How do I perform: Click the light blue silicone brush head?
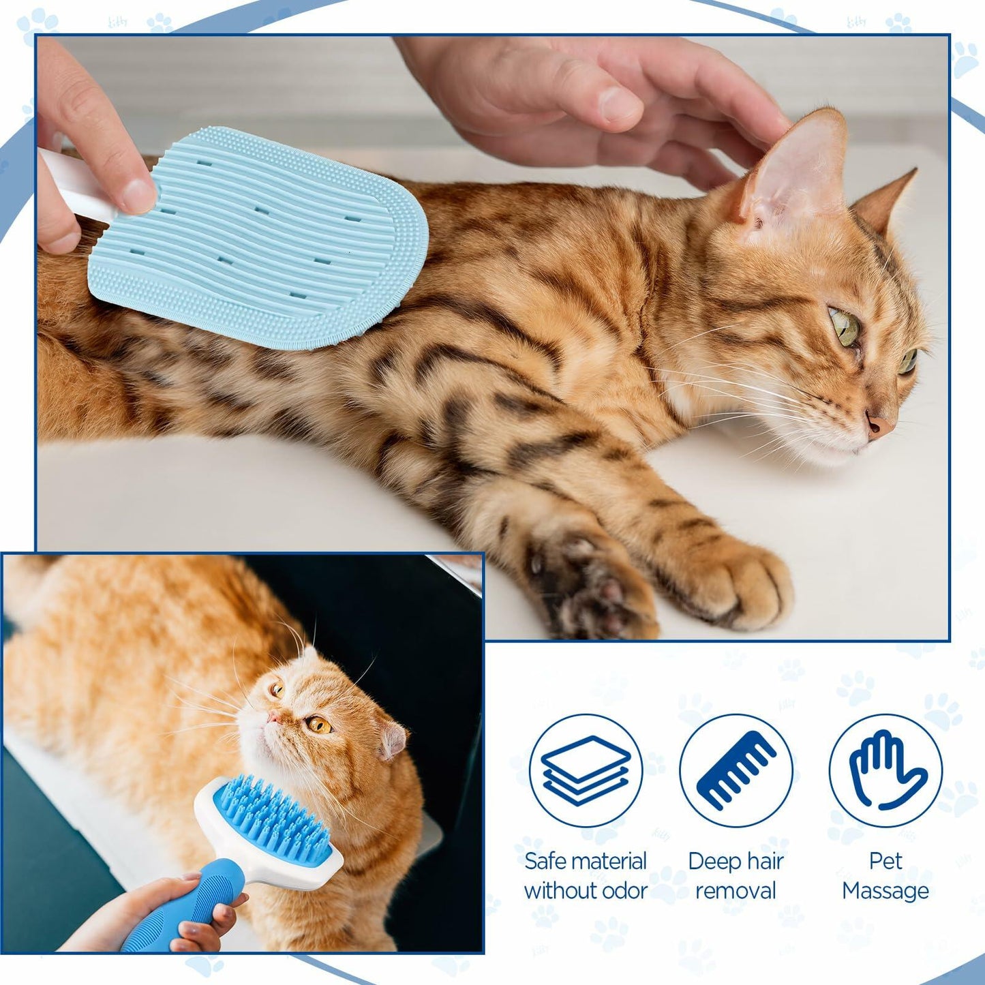[259, 239]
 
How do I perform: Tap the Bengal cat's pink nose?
[879, 425]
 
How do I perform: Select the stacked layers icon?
[586, 770]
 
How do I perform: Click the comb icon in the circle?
[736, 770]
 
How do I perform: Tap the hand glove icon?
[885, 770]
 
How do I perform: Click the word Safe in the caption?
[545, 862]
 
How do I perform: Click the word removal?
[736, 891]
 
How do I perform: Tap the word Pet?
[885, 862]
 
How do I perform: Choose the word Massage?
[885, 891]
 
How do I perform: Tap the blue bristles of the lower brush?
[273, 818]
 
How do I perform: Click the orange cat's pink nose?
[273, 717]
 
